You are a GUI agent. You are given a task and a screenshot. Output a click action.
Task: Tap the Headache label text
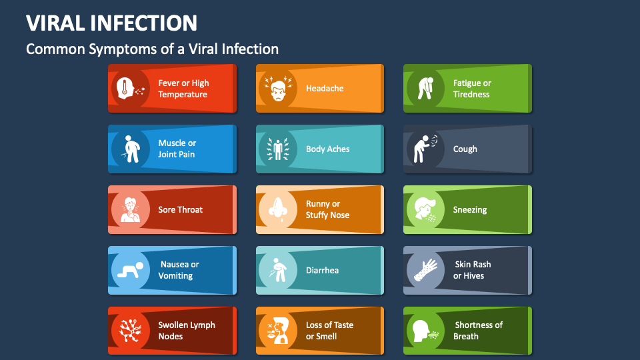pos(325,89)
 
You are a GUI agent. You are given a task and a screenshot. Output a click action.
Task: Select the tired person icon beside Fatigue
pos(425,89)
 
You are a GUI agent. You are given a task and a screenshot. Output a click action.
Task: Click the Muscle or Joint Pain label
pos(177,149)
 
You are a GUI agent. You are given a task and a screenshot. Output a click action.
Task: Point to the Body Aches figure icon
pos(278,149)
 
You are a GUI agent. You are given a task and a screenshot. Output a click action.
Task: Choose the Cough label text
pos(465,149)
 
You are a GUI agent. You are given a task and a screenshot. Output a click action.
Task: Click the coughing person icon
pos(425,149)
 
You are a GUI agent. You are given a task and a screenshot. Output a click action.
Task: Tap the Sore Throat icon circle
pos(131,210)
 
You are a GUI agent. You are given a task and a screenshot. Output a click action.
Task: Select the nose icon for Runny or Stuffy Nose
pos(278,210)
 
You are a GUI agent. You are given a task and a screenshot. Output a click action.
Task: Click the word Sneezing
pos(470,210)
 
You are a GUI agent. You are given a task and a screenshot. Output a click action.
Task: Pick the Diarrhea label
pos(322,271)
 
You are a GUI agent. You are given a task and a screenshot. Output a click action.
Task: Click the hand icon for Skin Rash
pos(425,271)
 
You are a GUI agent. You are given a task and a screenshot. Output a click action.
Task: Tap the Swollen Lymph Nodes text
pos(187,331)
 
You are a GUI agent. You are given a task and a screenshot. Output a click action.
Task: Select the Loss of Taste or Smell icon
pos(278,331)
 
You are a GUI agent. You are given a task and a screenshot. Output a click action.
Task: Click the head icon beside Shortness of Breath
pos(425,331)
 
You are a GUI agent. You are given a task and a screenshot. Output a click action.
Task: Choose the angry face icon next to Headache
pos(278,89)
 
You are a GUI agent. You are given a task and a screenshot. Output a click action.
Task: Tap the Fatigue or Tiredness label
pos(472,89)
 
